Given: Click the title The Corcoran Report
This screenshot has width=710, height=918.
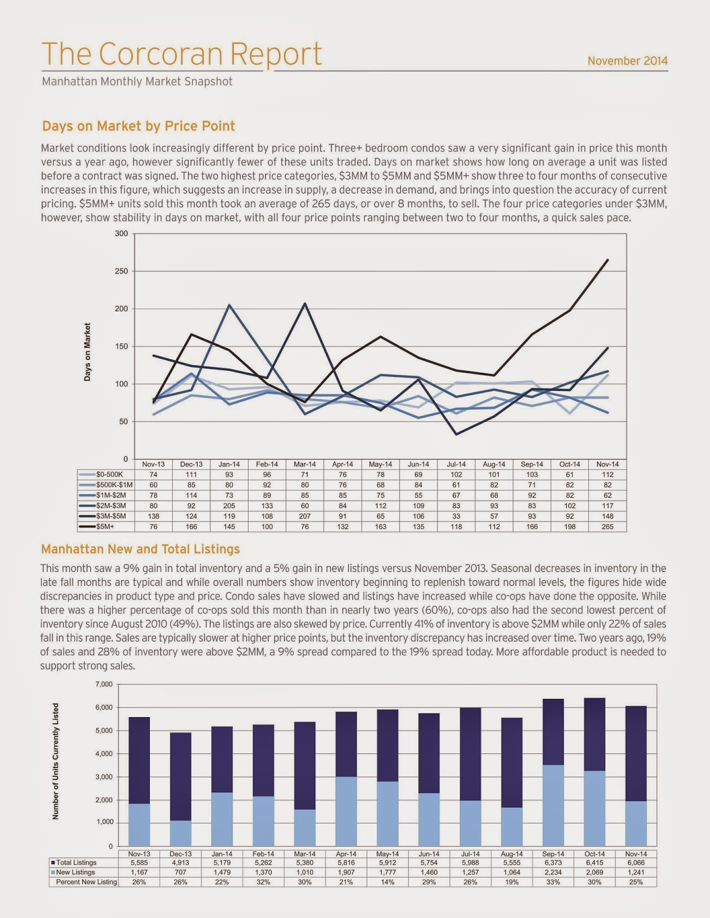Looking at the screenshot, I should [181, 54].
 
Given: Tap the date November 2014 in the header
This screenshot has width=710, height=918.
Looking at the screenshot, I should [627, 61].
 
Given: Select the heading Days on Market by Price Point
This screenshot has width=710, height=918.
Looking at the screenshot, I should [138, 126].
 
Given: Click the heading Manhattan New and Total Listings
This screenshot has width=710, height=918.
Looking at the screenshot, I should [140, 549].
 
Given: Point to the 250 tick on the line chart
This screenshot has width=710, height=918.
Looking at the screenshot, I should [121, 271].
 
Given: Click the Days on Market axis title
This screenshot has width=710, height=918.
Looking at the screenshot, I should [87, 352].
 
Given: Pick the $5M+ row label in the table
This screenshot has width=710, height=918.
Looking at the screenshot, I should [106, 527].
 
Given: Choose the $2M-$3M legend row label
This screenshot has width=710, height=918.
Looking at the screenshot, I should [111, 506].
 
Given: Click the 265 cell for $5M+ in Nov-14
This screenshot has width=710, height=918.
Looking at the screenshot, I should [607, 527].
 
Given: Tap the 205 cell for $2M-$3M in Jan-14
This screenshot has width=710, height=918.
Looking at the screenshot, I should [229, 506].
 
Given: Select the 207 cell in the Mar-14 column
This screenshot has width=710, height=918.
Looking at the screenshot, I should [305, 516].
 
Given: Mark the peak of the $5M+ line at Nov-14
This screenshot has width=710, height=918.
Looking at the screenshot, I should [607, 260].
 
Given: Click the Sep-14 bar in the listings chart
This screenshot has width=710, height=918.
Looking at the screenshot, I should [553, 772].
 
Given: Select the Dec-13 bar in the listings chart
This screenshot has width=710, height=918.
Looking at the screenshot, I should [180, 789].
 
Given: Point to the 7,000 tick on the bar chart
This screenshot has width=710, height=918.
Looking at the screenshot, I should [104, 684].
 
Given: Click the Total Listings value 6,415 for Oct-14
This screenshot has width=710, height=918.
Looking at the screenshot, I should [594, 862].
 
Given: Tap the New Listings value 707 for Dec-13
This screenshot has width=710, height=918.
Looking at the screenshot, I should [180, 872].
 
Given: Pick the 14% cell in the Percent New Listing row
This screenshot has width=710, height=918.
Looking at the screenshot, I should [387, 882].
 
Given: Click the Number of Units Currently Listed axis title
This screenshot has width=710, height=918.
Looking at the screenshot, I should [56, 761].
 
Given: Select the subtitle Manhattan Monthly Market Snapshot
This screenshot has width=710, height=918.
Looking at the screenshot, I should [137, 81].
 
